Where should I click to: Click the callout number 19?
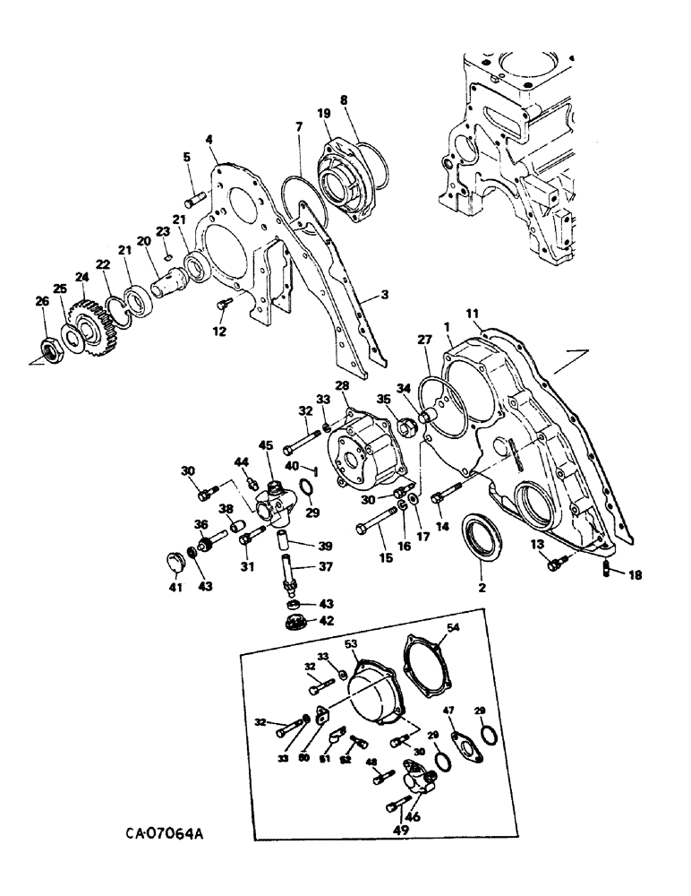[323, 114]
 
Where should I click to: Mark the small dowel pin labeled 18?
[609, 570]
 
